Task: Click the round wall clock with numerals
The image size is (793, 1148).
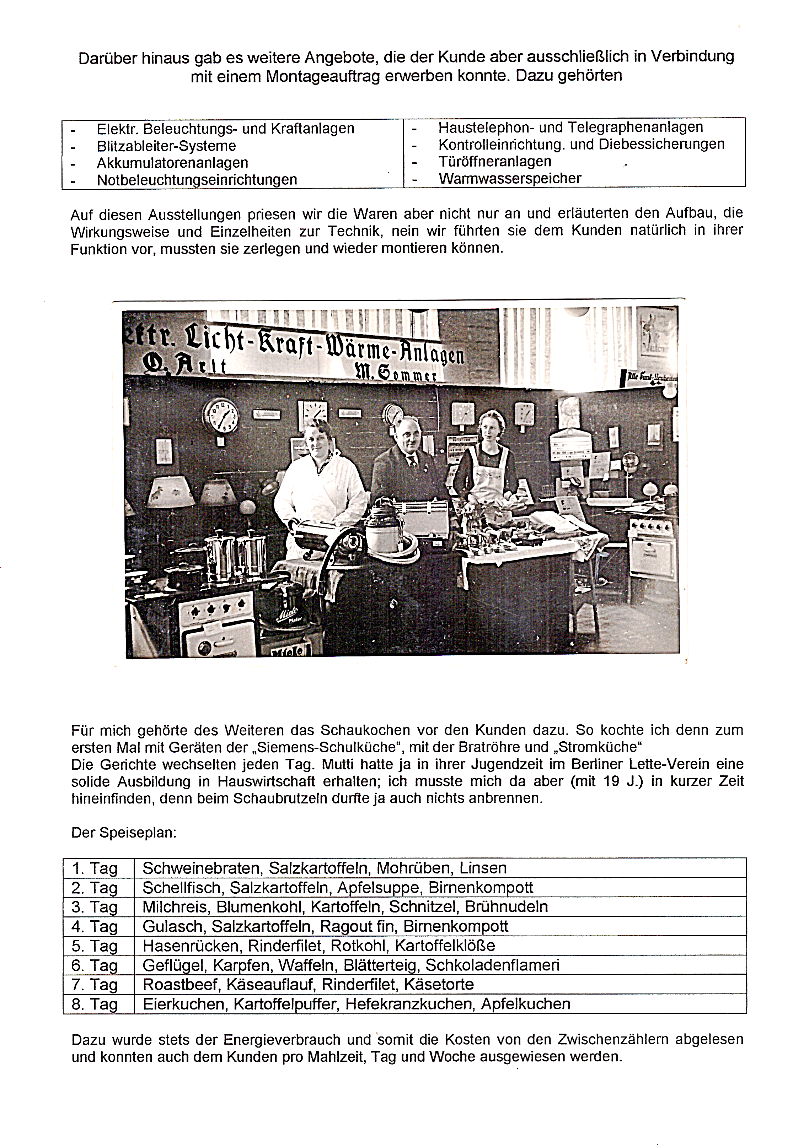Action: [221, 416]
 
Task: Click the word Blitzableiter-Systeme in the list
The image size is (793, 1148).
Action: [166, 146]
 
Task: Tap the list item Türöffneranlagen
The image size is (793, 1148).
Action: [494, 161]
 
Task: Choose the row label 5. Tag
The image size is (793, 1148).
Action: [95, 946]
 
